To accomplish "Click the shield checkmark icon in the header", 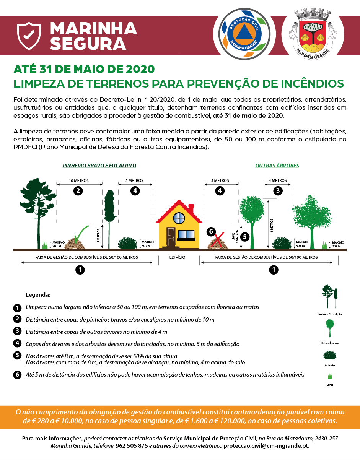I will pos(29,36).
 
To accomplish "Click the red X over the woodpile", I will pos(218,242).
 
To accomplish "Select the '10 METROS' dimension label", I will pos(79,180).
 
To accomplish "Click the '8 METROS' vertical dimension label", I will pos(272,226).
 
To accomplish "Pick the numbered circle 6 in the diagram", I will pos(211,231).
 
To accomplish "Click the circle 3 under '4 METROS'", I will pos(278,190).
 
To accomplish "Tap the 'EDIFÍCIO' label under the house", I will pos(177,258).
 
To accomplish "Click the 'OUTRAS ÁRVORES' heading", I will pos(277,166).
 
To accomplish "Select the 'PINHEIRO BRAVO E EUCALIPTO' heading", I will pos(99,166).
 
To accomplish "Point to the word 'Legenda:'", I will pos(38,295).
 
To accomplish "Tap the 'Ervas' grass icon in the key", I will pos(329,376).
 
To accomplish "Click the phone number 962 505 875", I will pos(132,446).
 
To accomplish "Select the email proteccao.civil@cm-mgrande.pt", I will pos(266,446).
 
